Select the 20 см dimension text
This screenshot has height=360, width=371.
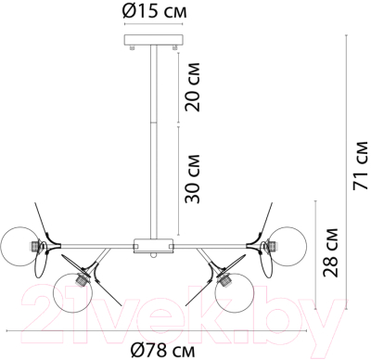click(193, 89)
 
